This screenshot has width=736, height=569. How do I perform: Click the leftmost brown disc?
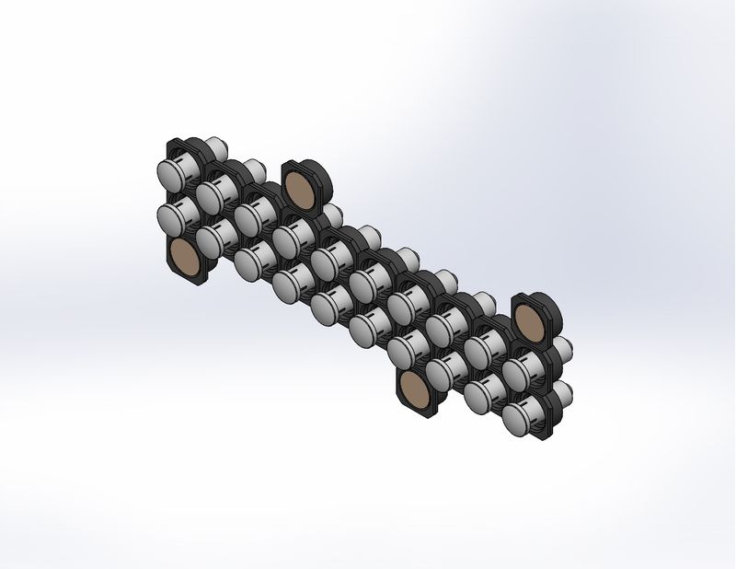[187, 259]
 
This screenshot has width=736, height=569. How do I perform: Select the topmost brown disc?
[298, 186]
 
